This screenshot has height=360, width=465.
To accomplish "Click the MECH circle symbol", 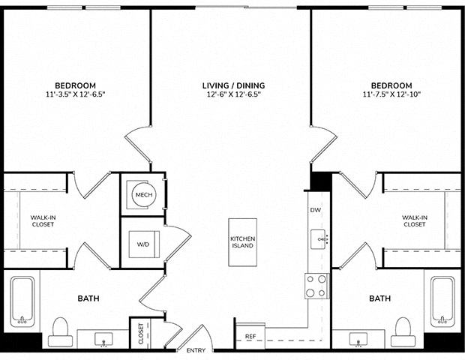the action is coord(144,195).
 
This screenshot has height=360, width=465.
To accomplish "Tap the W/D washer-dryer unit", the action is coord(144,244).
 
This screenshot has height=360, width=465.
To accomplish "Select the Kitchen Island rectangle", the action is coord(242,242).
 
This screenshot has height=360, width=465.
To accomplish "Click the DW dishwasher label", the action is coord(316,210).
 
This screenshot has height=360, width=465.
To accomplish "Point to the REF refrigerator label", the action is coord(250,337).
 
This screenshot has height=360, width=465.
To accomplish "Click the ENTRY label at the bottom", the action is coord(196,350).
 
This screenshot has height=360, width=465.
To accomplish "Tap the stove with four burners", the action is coord(316,286).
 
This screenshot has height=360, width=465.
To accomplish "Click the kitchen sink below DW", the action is coord(319,239).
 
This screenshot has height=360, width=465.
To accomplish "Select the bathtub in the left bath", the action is coord(22,301).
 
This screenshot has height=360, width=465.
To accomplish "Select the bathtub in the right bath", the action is coord(442,301).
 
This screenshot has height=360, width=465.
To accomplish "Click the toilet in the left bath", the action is coord(60,332).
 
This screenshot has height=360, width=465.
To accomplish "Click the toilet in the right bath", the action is coord(403,332).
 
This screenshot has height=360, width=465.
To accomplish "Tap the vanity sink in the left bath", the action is coord(103,340).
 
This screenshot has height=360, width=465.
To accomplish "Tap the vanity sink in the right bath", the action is coord(358,340).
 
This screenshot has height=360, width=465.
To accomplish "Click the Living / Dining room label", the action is coord(234,85).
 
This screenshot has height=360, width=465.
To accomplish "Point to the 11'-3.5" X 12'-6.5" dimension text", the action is coord(76,94).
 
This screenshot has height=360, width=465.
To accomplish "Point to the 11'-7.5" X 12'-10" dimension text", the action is coord(391,94).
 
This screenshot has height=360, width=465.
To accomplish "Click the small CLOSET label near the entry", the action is coord(141,334).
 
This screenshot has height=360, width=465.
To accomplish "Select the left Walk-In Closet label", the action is coord(43,221).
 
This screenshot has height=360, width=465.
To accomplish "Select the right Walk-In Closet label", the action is coord(415,221).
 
